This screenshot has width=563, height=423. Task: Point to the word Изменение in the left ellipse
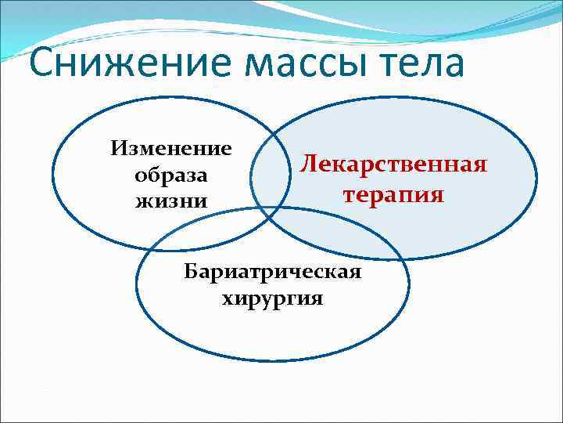pos(171,148)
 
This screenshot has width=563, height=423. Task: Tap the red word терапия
pos(393,193)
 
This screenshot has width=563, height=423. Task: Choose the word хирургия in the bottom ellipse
pos(272,298)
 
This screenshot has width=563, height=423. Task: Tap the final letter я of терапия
pos(437,194)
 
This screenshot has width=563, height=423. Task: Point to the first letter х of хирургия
pos(228,299)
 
